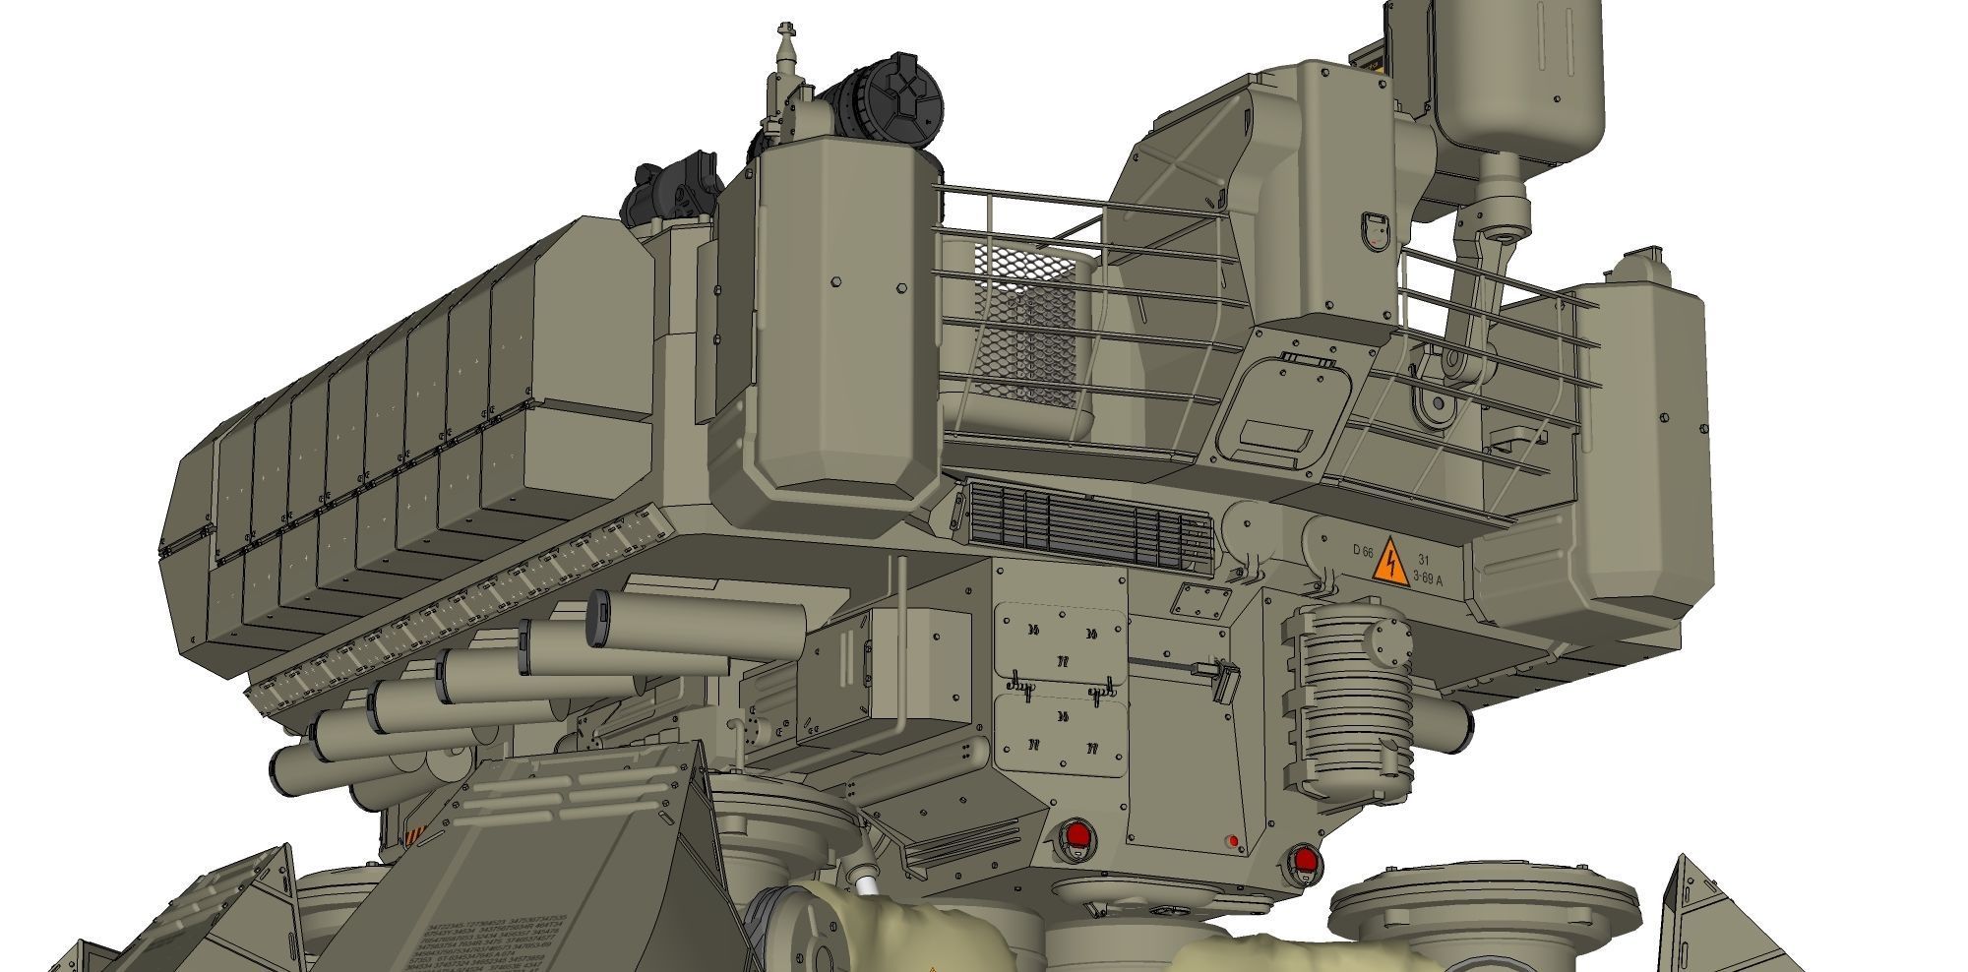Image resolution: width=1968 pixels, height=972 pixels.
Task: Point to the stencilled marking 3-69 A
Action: tap(1427, 578)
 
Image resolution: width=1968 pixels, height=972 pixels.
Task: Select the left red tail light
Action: tap(1077, 837)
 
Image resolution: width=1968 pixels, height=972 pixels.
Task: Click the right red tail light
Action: tap(1305, 862)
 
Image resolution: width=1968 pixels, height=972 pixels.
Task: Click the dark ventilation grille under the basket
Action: tap(1087, 529)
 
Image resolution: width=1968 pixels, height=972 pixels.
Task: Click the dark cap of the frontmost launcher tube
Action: tap(599, 618)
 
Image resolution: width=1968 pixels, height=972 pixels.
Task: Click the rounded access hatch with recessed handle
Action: tap(1284, 408)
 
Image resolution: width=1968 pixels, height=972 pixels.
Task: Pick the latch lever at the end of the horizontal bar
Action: tap(1225, 679)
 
